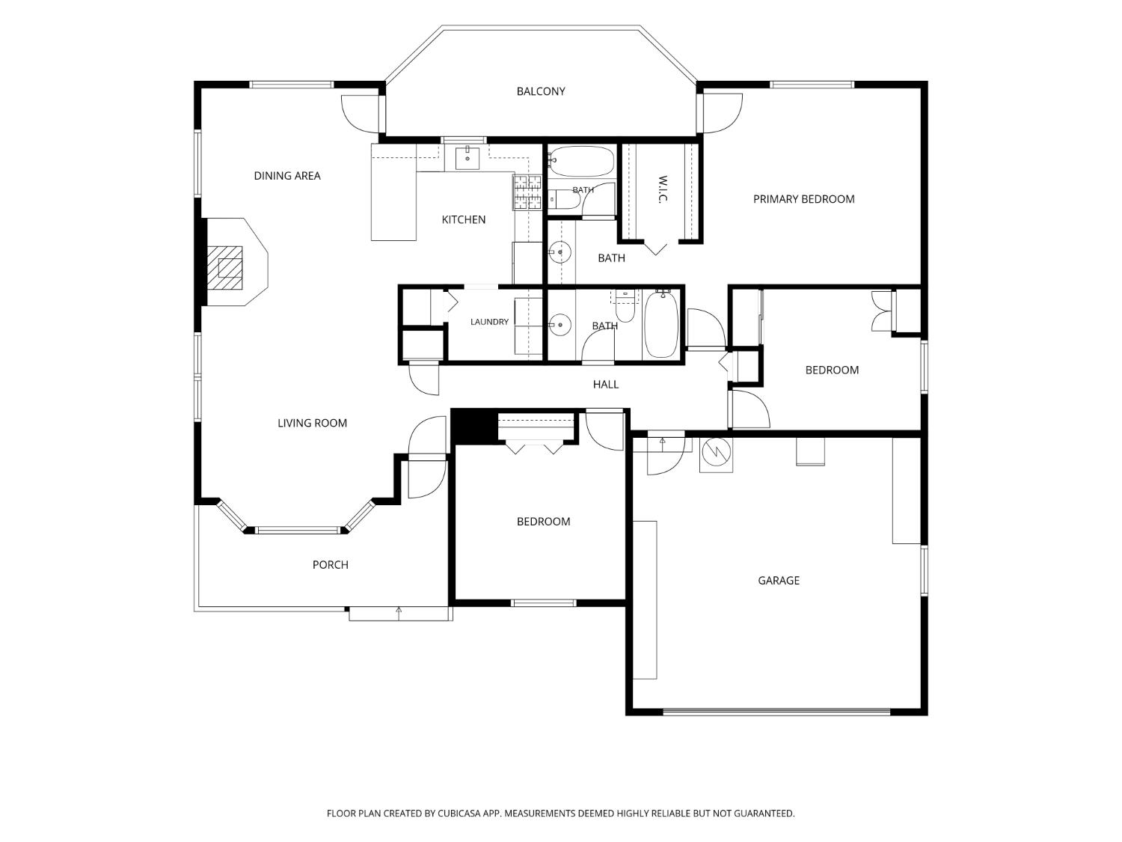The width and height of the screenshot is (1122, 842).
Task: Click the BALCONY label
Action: tap(540, 91)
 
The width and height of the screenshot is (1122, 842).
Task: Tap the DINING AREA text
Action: tap(286, 176)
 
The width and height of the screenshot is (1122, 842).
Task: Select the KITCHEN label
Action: tap(463, 220)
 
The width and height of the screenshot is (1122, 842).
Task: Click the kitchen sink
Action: tap(467, 157)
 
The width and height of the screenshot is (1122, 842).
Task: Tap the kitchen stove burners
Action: tap(527, 192)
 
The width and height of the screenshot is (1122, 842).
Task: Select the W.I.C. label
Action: tap(662, 189)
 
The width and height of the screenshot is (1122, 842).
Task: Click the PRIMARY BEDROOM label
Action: tap(803, 199)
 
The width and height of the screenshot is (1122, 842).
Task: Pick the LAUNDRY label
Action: tap(489, 322)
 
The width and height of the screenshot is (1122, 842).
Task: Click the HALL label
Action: tap(606, 385)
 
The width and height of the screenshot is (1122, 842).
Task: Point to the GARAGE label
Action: tap(779, 581)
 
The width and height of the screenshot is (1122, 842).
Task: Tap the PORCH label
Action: tap(330, 565)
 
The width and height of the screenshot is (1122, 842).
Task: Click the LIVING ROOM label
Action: tap(312, 424)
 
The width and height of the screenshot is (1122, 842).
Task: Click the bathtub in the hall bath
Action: tap(661, 325)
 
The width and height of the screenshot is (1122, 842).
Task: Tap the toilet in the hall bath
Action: tap(625, 305)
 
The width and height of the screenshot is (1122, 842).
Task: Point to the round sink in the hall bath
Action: tap(560, 325)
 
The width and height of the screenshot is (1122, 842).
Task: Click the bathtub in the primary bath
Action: tap(581, 161)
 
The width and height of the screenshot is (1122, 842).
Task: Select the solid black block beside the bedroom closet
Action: tap(474, 427)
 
